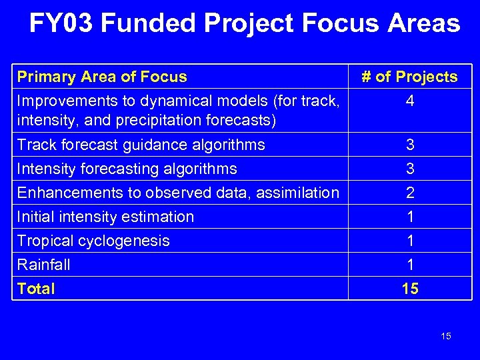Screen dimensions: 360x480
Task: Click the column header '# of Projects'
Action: tap(409, 77)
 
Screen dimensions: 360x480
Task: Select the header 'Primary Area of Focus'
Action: tap(102, 77)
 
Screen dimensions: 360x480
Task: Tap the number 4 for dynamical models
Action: tap(410, 102)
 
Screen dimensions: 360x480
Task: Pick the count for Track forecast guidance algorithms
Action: tap(410, 145)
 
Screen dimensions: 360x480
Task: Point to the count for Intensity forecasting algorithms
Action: tap(410, 169)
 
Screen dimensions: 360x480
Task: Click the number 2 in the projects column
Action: tap(410, 193)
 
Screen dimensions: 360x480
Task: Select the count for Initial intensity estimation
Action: tap(410, 217)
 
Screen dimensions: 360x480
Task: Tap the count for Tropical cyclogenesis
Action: tap(410, 241)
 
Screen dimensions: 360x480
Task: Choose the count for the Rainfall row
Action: tap(410, 265)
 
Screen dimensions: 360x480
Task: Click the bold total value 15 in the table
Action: tap(410, 289)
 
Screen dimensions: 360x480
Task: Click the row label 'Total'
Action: tap(36, 289)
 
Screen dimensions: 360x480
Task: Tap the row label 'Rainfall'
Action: tap(44, 265)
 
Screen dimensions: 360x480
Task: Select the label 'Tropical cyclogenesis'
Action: tap(93, 241)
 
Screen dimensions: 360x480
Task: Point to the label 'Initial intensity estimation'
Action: tap(105, 217)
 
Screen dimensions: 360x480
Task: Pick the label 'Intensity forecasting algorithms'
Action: tap(127, 169)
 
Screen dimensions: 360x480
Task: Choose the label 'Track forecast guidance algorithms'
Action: tap(141, 145)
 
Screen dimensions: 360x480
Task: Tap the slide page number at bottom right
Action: tap(446, 336)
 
